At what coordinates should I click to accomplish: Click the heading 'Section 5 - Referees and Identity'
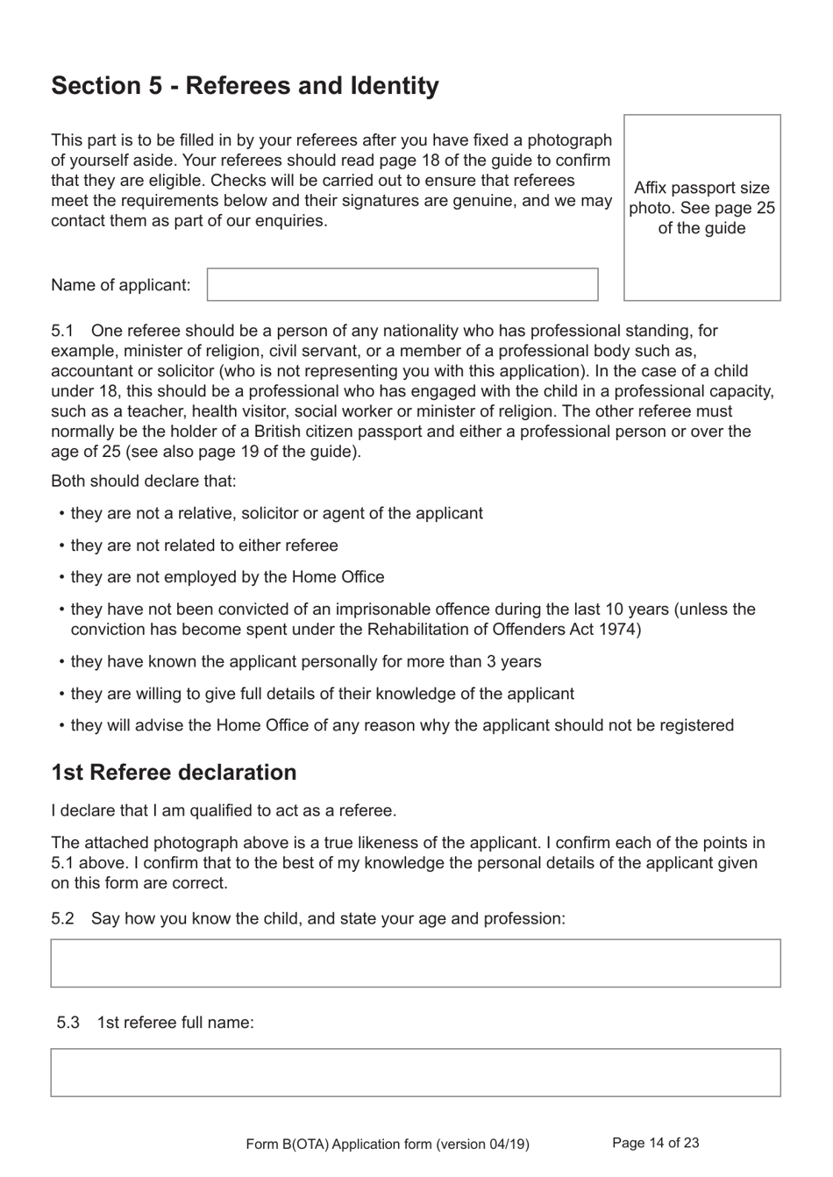[x=245, y=86]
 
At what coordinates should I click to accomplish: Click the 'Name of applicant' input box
[x=402, y=285]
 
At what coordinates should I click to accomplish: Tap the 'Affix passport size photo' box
[x=701, y=208]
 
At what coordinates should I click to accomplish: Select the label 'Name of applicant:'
[x=120, y=285]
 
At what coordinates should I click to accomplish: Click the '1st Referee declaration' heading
[x=174, y=773]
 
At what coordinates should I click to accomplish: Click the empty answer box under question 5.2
[x=415, y=963]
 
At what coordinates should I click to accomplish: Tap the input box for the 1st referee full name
[x=415, y=1072]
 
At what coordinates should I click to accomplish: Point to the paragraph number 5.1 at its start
[x=62, y=331]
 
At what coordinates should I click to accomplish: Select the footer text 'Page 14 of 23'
[x=655, y=1143]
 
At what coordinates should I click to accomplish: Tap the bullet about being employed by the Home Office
[x=227, y=577]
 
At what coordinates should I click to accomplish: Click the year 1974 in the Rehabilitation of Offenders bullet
[x=622, y=630]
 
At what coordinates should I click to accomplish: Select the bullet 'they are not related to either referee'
[x=203, y=546]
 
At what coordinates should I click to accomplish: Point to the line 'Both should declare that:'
[x=143, y=481]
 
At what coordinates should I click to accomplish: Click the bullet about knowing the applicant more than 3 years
[x=305, y=662]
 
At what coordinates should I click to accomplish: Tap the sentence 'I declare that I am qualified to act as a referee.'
[x=224, y=810]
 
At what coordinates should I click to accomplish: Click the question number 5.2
[x=62, y=918]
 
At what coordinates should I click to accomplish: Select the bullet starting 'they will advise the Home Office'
[x=402, y=725]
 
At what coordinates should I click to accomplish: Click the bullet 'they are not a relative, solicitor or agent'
[x=276, y=513]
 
